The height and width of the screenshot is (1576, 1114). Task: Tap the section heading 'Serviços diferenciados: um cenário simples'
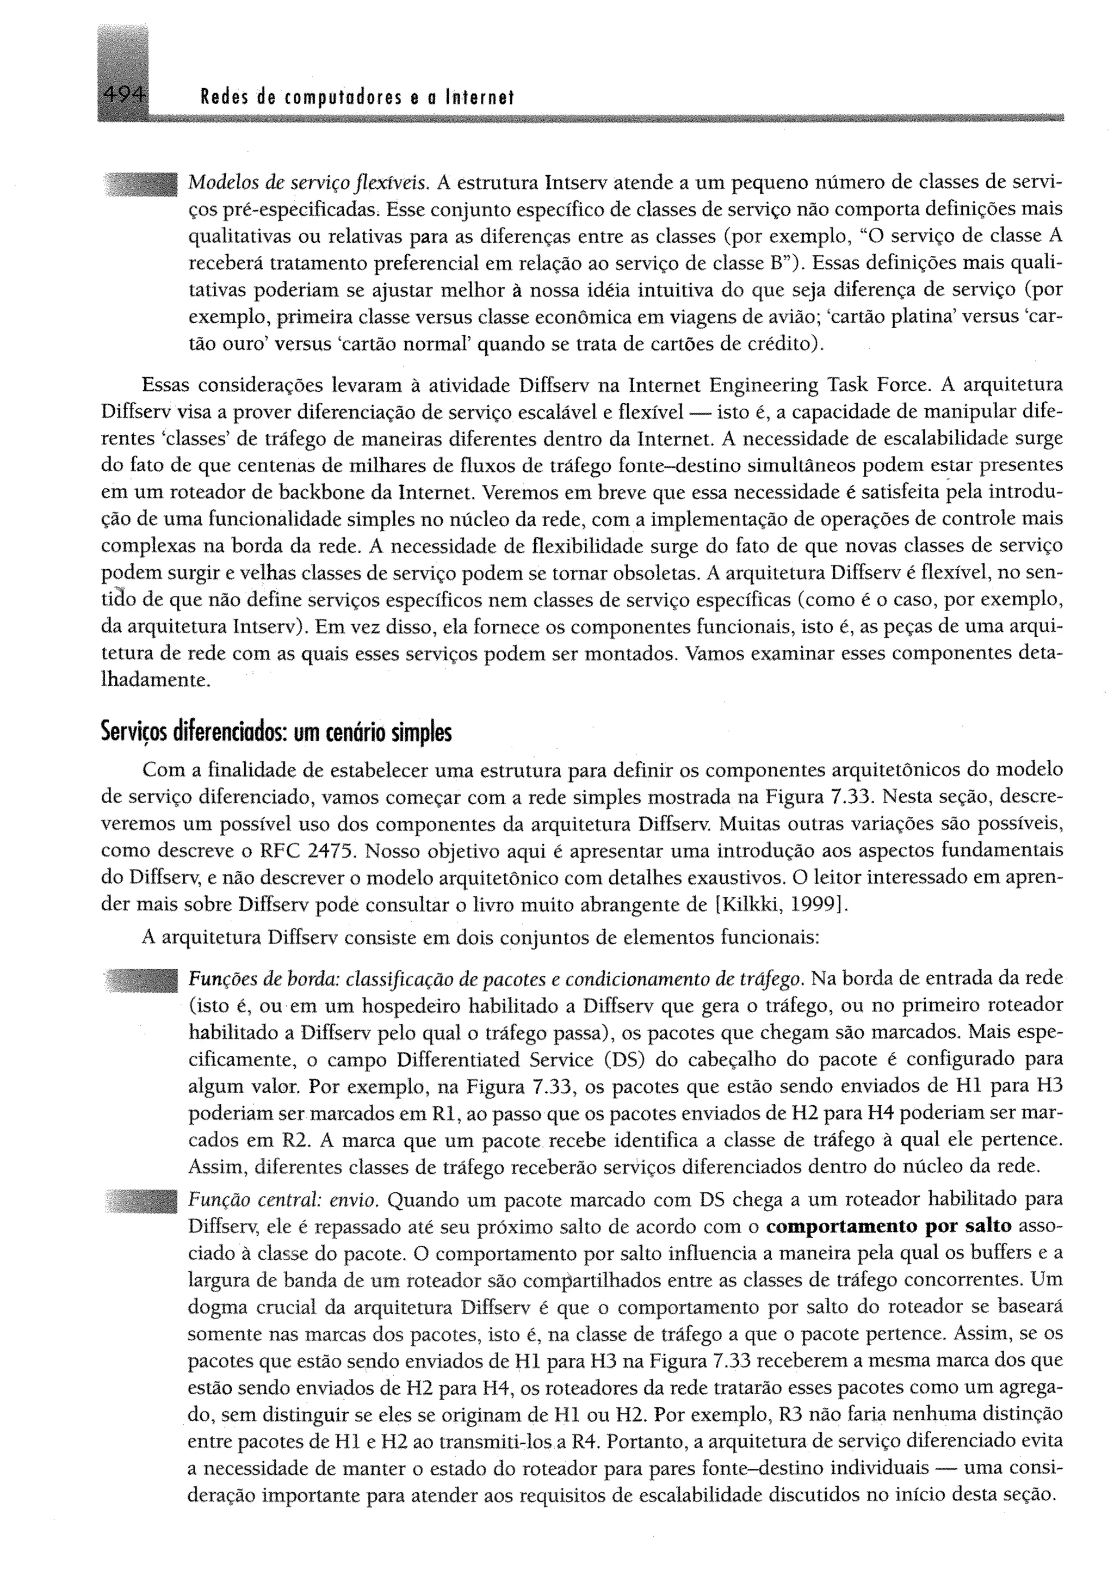pyautogui.click(x=276, y=733)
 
